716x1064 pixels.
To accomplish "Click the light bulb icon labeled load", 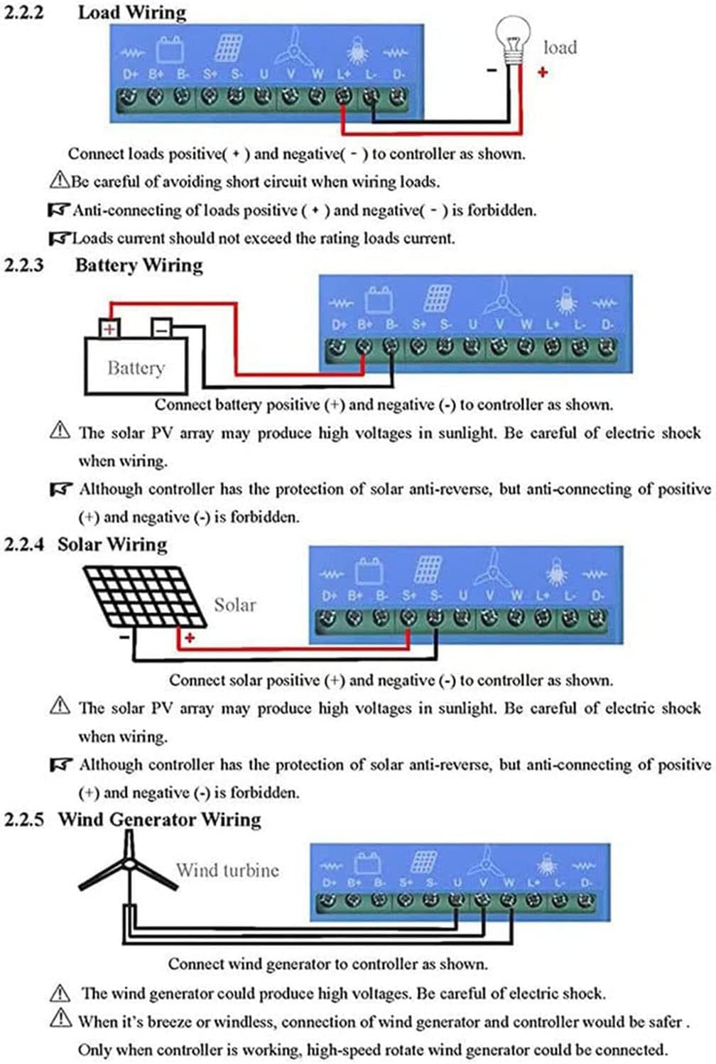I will click(x=513, y=41).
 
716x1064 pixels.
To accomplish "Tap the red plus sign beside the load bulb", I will click(x=543, y=72).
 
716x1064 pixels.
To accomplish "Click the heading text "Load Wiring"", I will click(x=132, y=13).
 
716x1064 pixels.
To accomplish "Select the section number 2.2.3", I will click(x=24, y=265).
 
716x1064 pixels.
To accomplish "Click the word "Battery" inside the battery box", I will click(x=136, y=368).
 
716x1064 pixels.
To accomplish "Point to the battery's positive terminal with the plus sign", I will click(x=109, y=328).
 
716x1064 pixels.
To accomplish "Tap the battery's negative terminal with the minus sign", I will click(x=162, y=328).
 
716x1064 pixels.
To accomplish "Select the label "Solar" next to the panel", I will click(x=234, y=605).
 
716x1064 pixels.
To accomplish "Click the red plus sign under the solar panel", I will click(x=190, y=638).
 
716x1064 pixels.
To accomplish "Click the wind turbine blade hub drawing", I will click(x=129, y=864).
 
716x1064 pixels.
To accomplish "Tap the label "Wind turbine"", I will click(x=227, y=870).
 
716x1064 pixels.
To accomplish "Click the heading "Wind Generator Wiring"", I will click(x=160, y=820).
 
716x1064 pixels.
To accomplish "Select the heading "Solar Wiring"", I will click(x=112, y=544).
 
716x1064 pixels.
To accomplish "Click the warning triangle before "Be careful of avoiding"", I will click(x=59, y=181).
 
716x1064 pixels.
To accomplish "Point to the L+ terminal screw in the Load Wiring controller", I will click(x=343, y=97).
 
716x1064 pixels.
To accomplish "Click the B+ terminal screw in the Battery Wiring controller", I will click(x=364, y=348).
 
